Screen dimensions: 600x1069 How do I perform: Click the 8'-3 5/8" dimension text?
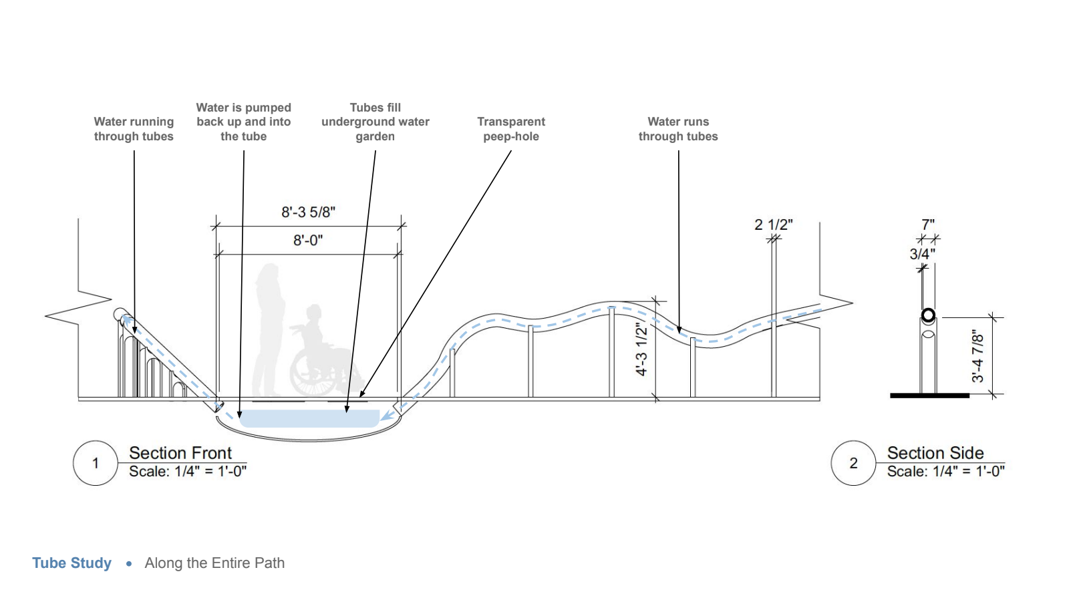pyautogui.click(x=308, y=212)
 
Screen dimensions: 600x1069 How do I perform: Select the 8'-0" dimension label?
pyautogui.click(x=308, y=241)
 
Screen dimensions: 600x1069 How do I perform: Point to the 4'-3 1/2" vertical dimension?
pyautogui.click(x=641, y=349)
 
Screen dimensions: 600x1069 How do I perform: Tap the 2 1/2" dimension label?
pyautogui.click(x=774, y=225)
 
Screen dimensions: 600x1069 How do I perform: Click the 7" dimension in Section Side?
pyautogui.click(x=928, y=225)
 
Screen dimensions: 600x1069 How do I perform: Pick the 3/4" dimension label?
pyautogui.click(x=922, y=255)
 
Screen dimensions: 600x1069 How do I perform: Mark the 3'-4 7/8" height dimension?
pyautogui.click(x=978, y=356)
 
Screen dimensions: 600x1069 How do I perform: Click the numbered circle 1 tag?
pyautogui.click(x=96, y=463)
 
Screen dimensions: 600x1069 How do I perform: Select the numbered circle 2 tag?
pyautogui.click(x=853, y=463)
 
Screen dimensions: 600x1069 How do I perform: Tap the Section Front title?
pyautogui.click(x=180, y=453)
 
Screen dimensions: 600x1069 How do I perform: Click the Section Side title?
pyautogui.click(x=935, y=453)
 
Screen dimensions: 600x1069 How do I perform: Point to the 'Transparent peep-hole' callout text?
pyautogui.click(x=511, y=129)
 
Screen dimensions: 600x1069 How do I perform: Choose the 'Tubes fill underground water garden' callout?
pyautogui.click(x=375, y=122)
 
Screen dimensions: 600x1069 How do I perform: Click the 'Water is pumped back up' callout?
pyautogui.click(x=244, y=122)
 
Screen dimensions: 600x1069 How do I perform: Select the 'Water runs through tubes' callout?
pyautogui.click(x=678, y=129)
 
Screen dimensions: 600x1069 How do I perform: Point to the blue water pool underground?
pyautogui.click(x=309, y=419)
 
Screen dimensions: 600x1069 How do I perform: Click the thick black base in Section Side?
pyautogui.click(x=929, y=396)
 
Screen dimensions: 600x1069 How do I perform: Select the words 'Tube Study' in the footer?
pyautogui.click(x=72, y=563)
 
